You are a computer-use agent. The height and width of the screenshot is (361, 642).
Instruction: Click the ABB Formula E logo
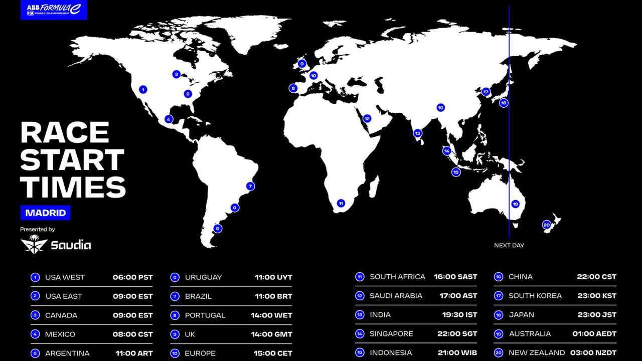click(x=54, y=10)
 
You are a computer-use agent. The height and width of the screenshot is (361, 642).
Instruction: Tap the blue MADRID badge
click(x=46, y=213)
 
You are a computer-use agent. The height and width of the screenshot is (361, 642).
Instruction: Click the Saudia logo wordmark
click(x=70, y=245)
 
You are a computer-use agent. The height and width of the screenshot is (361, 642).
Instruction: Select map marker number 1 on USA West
click(x=143, y=90)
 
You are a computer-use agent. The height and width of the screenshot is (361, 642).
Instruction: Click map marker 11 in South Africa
click(x=341, y=203)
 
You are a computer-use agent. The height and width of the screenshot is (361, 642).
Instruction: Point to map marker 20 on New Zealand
click(x=547, y=225)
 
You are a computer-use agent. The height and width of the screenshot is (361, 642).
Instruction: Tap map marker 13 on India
click(x=417, y=133)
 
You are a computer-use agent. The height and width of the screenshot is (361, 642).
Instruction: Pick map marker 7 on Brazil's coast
click(x=250, y=186)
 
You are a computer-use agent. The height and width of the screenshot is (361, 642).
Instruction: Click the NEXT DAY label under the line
click(x=509, y=245)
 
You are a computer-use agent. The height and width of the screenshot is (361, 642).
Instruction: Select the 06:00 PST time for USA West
click(x=132, y=277)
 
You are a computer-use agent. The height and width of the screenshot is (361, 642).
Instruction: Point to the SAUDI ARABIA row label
click(x=396, y=296)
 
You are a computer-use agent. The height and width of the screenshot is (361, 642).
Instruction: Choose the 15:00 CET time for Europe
click(x=271, y=353)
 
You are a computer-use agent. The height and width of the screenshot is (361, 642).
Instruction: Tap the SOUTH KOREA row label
click(x=535, y=296)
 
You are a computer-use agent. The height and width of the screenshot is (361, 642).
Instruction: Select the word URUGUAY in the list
click(x=203, y=277)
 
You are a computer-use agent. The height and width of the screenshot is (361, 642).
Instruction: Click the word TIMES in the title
click(x=73, y=187)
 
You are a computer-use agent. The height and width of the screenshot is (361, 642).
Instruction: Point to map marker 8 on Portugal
click(x=293, y=88)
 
